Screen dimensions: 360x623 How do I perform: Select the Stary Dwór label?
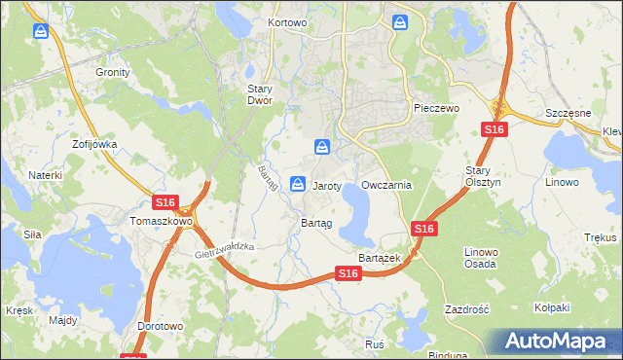[259, 93]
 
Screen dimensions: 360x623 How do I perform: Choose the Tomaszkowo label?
[161, 221]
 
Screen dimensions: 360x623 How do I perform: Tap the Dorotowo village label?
[161, 327]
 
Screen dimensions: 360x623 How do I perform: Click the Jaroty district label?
[326, 185]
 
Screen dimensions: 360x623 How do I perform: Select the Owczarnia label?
[387, 185]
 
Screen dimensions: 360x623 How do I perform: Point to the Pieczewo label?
[435, 109]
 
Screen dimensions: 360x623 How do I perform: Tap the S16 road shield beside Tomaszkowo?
[165, 202]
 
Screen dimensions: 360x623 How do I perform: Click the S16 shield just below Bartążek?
[350, 275]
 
